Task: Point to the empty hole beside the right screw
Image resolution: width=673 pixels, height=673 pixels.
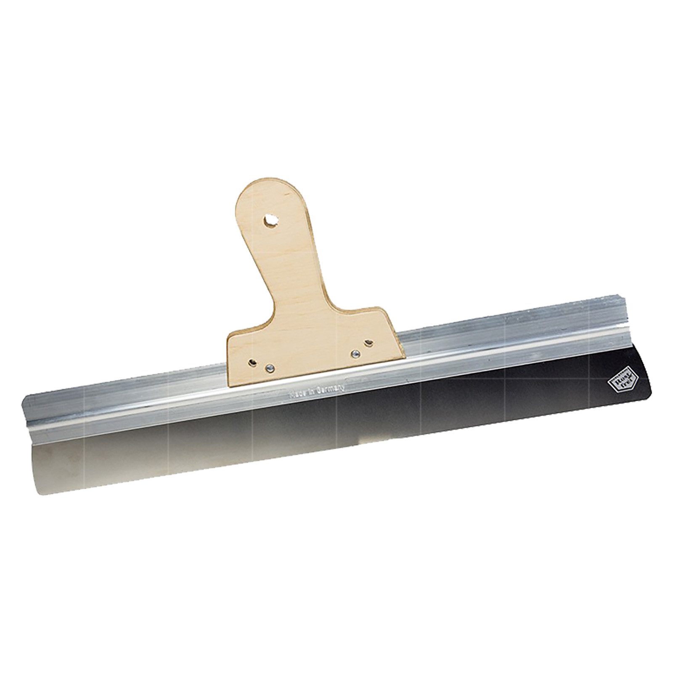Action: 369,343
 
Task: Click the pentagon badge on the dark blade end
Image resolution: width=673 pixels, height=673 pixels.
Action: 617,381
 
